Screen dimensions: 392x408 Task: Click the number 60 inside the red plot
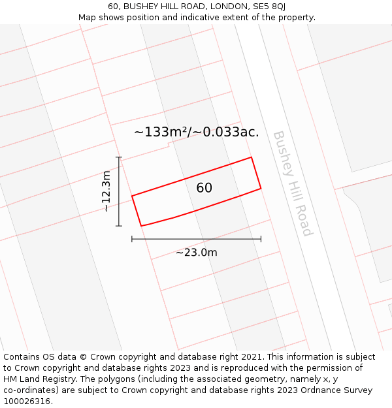204,188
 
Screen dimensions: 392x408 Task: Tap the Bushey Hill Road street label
293,183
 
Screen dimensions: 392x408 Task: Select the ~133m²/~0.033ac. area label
197,132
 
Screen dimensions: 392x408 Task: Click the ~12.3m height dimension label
106,191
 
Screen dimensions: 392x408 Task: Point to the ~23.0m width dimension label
196,253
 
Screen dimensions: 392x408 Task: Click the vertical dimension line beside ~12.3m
119,191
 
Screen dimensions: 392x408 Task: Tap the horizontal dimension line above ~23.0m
196,240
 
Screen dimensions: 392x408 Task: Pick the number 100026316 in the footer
27,401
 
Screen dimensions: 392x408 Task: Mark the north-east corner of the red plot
252,157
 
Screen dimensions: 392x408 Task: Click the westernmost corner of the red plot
132,196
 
